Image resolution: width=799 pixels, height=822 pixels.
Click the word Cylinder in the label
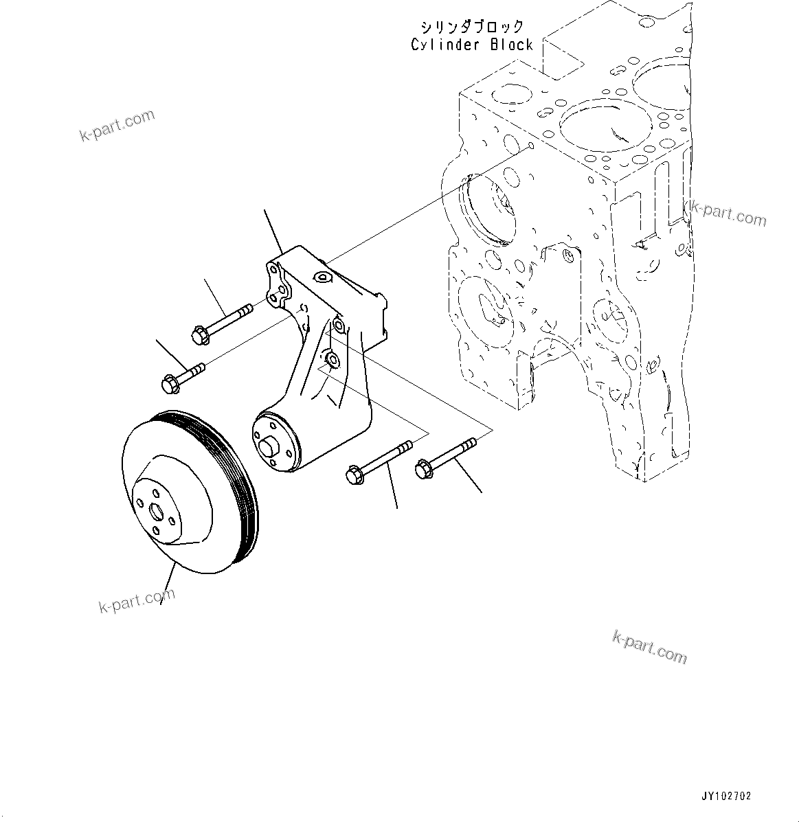pos(445,45)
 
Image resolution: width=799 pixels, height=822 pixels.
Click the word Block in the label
pos(511,45)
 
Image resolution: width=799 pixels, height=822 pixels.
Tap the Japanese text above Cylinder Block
pos(472,27)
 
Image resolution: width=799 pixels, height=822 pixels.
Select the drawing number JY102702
pos(726,797)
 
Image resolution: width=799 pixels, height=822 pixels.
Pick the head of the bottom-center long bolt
pos(355,475)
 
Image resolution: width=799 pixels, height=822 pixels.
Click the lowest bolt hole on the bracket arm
pos(330,359)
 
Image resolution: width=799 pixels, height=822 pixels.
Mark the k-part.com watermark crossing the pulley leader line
pos(137,601)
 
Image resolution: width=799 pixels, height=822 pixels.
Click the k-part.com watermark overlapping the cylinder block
pos(727,214)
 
